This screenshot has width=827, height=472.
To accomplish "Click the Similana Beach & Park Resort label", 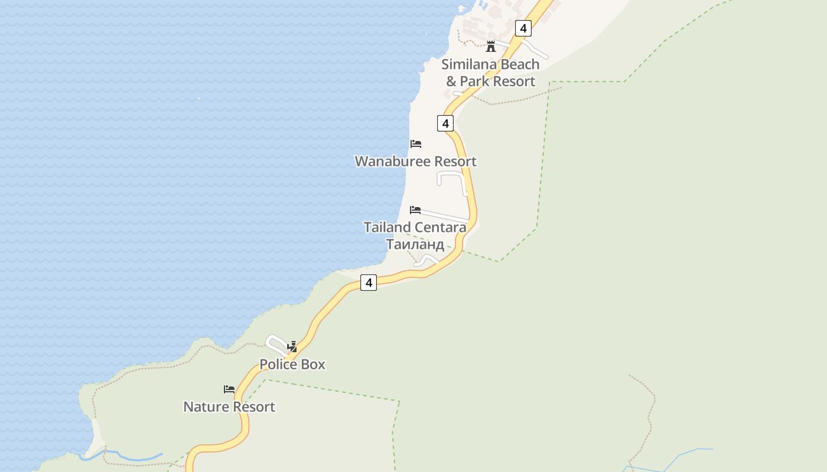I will [490, 73].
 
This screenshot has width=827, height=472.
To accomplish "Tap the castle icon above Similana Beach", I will [490, 46].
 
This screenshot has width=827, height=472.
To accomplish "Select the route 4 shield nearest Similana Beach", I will [523, 28].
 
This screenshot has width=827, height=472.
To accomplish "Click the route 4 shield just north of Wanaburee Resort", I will [445, 123].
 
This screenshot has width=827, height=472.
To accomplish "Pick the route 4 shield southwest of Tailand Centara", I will [369, 283].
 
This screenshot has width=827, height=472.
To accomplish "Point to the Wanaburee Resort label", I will [415, 161].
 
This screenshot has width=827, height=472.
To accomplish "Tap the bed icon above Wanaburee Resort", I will [416, 144].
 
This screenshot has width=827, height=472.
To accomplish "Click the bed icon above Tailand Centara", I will [415, 210].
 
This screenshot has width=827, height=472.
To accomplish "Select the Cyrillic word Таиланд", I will [415, 244].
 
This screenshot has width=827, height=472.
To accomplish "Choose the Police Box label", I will [292, 364].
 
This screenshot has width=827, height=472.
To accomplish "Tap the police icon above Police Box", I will [292, 347].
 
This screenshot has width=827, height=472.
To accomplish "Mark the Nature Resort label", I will [229, 407].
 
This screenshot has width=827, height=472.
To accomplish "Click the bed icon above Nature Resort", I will [229, 389].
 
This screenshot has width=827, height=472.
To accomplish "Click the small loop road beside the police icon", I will [275, 343].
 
